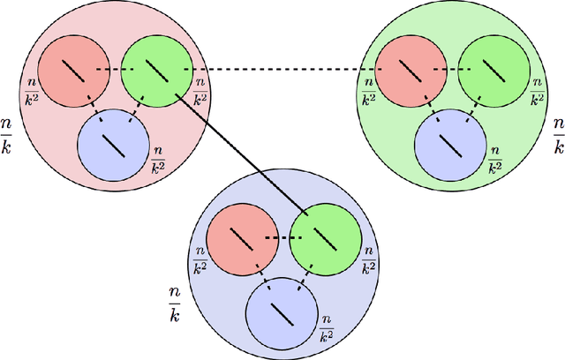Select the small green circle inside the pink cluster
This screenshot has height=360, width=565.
155,70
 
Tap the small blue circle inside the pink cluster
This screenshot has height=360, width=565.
113,141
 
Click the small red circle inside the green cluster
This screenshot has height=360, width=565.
411,70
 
